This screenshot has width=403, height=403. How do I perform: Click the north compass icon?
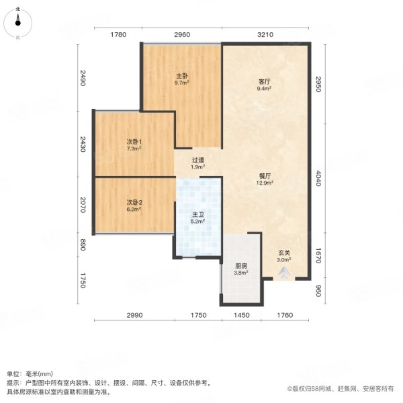pyautogui.click(x=17, y=24)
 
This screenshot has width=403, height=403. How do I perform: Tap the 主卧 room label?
pyautogui.click(x=182, y=76)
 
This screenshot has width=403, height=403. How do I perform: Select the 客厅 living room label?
pyautogui.click(x=265, y=82)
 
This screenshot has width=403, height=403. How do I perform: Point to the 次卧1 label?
pyautogui.click(x=134, y=142)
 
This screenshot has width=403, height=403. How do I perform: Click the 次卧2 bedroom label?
pyautogui.click(x=134, y=203)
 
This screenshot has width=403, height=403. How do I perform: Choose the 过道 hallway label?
pyautogui.click(x=198, y=160)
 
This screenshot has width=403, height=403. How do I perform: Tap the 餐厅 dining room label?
pyautogui.click(x=265, y=176)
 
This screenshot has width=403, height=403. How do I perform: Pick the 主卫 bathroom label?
pyautogui.click(x=197, y=215)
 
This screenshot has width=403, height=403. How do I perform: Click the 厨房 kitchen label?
pyautogui.click(x=241, y=266)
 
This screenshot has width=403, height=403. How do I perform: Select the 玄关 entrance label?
pyautogui.click(x=284, y=253)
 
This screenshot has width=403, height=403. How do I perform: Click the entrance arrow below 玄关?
pyautogui.click(x=283, y=273)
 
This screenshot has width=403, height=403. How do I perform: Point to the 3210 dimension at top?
pyautogui.click(x=265, y=34)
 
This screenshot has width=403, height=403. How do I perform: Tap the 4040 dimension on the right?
pyautogui.click(x=318, y=178)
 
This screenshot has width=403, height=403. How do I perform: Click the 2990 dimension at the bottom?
pyautogui.click(x=134, y=315)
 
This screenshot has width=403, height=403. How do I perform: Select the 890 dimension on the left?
pyautogui.click(x=83, y=244)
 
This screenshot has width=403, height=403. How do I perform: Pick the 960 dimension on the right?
pyautogui.click(x=318, y=291)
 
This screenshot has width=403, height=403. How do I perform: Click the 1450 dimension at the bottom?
pyautogui.click(x=242, y=315)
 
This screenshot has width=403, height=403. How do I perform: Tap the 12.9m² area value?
pyautogui.click(x=265, y=183)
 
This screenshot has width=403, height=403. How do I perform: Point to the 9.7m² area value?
pyautogui.click(x=182, y=83)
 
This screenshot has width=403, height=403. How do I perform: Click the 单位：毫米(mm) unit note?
pyautogui.click(x=30, y=374)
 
